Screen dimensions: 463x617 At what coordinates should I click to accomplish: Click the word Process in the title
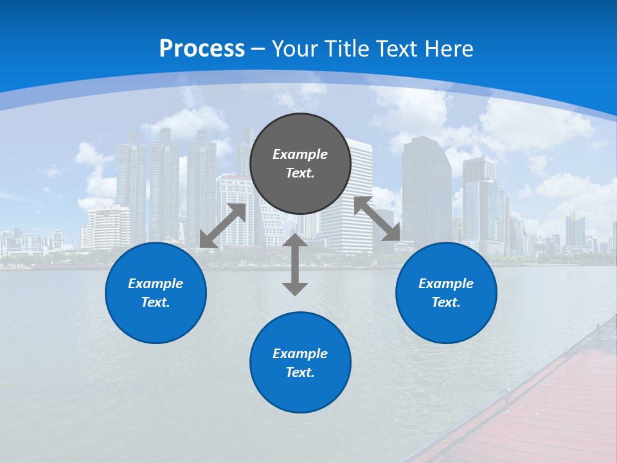[x=202, y=49]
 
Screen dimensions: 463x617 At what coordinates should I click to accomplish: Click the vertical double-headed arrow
[x=295, y=264]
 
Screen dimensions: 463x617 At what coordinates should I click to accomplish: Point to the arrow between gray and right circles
[x=377, y=219]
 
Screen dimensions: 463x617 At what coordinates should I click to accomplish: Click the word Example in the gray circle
[x=300, y=154]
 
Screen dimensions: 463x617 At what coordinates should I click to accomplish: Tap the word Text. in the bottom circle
[x=300, y=372]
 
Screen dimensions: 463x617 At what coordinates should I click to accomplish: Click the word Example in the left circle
[x=156, y=284]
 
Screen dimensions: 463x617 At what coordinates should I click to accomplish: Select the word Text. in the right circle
[x=446, y=302]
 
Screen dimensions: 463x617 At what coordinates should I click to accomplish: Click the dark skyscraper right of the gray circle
[x=427, y=186]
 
